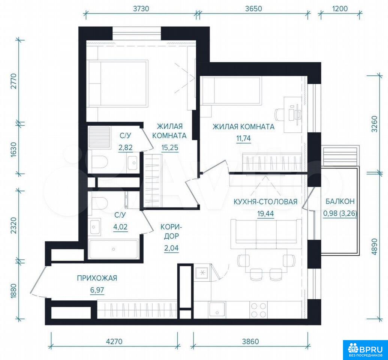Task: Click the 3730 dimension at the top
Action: tap(141, 9)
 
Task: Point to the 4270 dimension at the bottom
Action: tap(114, 342)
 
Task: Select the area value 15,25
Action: tap(170, 148)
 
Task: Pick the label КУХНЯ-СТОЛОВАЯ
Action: tap(266, 202)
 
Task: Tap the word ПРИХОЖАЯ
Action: tap(97, 278)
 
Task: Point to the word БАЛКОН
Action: tap(340, 201)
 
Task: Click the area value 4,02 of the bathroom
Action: tap(120, 226)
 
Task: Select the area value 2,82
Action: tap(126, 148)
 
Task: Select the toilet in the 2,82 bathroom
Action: tap(99, 161)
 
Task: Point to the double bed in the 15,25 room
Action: tap(118, 83)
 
